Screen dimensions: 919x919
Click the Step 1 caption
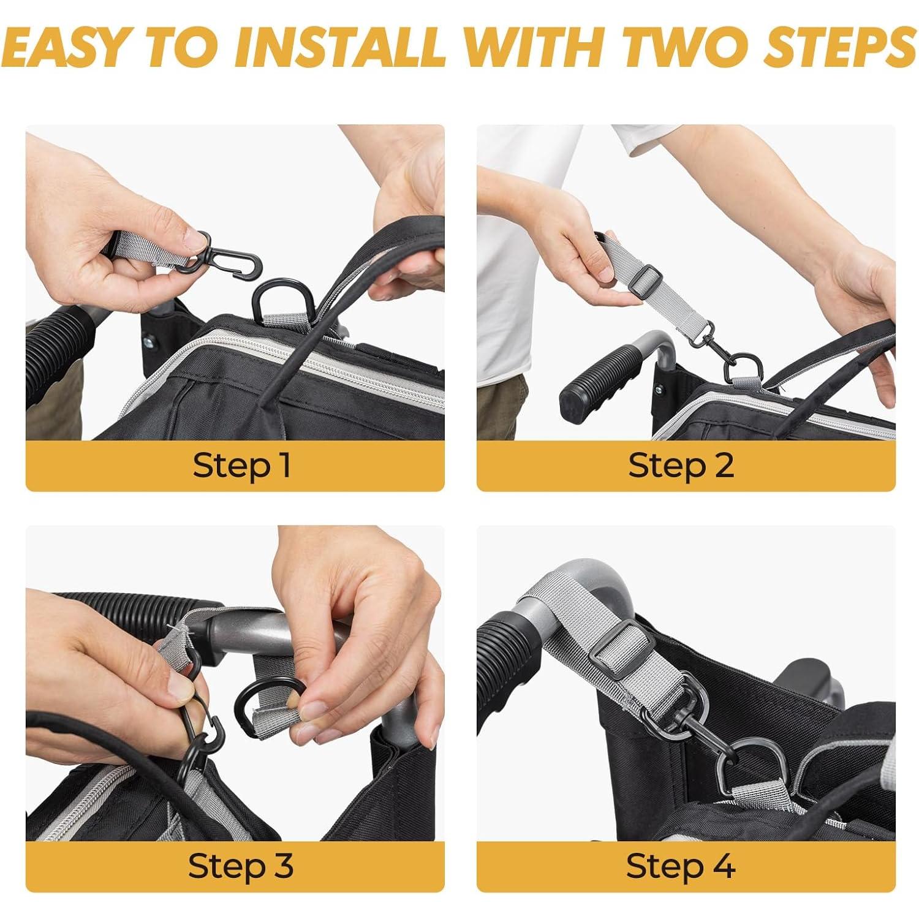pyautogui.click(x=241, y=466)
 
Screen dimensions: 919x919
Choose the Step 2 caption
pyautogui.click(x=681, y=466)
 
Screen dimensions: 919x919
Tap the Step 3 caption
pyautogui.click(x=241, y=866)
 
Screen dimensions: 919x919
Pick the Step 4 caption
pyautogui.click(x=680, y=866)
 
